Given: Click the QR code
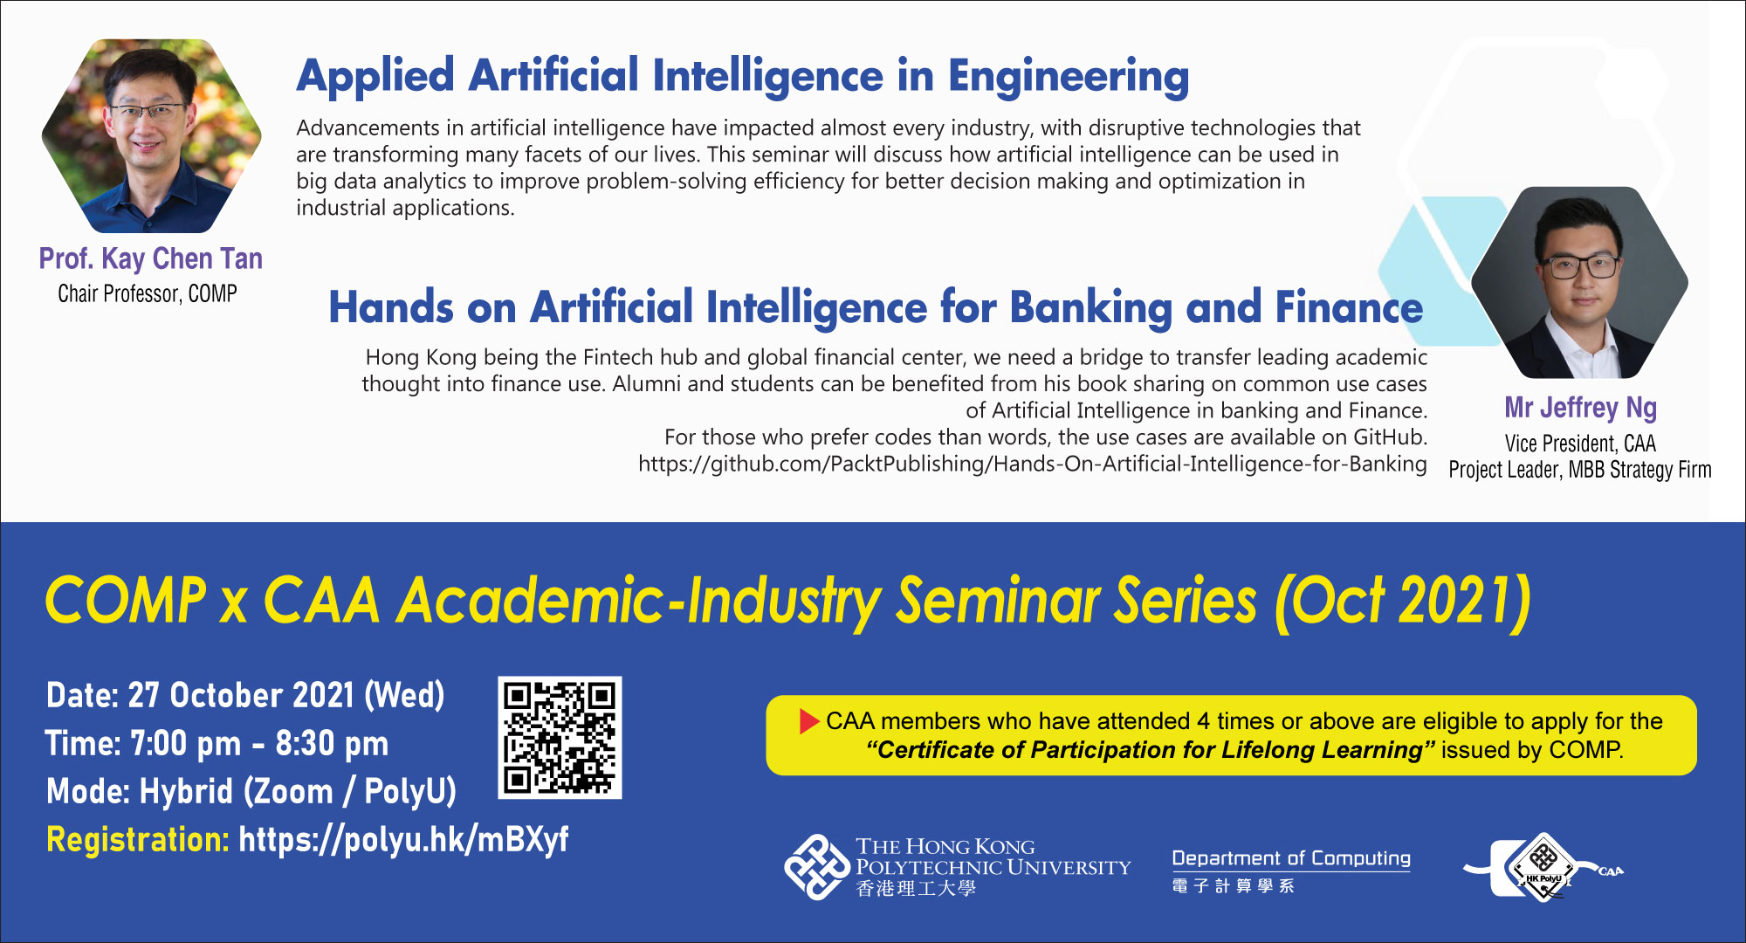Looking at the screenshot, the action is [x=560, y=737].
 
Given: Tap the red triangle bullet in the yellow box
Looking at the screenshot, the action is [x=809, y=721].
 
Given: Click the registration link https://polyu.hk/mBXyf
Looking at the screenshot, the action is [x=403, y=840].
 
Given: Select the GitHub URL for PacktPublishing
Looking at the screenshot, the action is [x=1033, y=464].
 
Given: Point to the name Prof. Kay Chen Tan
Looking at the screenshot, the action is [x=151, y=258].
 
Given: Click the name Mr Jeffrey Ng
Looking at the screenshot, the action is [x=1581, y=408].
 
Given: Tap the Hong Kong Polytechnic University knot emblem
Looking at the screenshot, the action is [x=816, y=867].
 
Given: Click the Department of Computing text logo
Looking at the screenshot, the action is [x=1291, y=871].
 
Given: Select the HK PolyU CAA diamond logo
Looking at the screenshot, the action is [x=1543, y=868].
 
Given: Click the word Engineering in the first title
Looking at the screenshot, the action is [x=1069, y=77].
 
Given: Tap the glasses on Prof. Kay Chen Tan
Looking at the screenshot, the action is [x=148, y=111].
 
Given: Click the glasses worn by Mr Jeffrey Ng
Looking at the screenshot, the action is [x=1578, y=265].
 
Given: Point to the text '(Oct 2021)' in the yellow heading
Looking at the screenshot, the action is [x=1402, y=602].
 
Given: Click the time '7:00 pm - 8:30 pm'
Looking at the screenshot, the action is [x=259, y=744].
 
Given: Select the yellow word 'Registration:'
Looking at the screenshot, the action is [x=138, y=840].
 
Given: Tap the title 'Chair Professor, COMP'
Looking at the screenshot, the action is [x=148, y=293].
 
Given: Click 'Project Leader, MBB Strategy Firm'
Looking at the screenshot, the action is [x=1580, y=470].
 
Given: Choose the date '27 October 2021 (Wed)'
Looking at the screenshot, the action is [x=286, y=696].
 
